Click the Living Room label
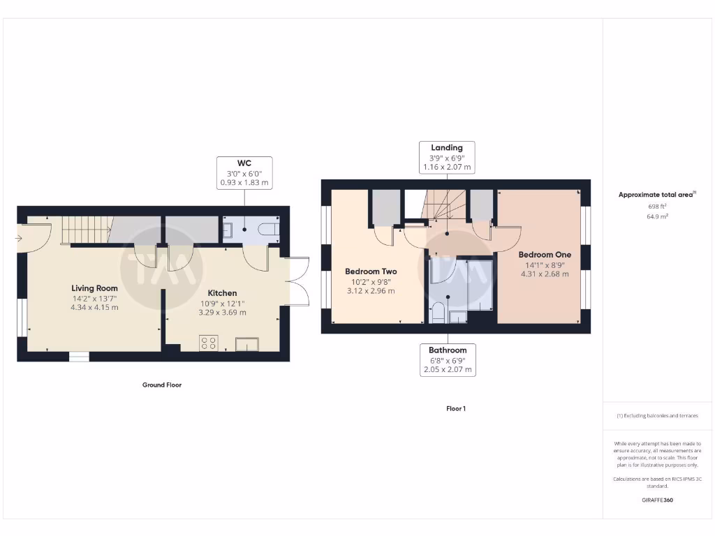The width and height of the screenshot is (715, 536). [x=94, y=288]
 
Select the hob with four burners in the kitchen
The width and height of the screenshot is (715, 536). [x=208, y=342]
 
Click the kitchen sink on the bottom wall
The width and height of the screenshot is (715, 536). [x=246, y=343]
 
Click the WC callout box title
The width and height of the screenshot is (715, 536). [x=244, y=163]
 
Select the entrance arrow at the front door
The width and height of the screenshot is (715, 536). [x=17, y=239]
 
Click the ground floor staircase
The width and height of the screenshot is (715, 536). [x=87, y=230]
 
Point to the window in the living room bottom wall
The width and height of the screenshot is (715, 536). [x=79, y=357]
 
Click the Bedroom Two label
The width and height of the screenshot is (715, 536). [x=371, y=271]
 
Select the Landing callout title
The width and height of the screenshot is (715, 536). [x=446, y=147]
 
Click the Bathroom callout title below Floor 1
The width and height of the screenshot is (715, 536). [x=448, y=350]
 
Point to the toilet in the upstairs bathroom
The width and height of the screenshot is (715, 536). [x=439, y=312]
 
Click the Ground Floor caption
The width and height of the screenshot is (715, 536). [x=162, y=385]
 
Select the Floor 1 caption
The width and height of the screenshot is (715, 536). [x=455, y=408]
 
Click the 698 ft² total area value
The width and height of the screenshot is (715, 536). [x=657, y=207]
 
